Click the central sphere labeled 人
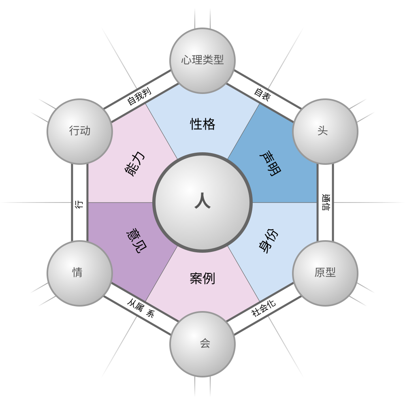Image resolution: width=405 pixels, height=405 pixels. point(202,202)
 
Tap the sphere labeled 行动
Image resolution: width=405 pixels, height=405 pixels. point(80,131)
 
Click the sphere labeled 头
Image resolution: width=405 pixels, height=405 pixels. point(325,131)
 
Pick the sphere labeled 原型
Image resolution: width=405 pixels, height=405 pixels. point(325,273)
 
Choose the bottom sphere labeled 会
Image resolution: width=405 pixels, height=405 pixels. point(202,344)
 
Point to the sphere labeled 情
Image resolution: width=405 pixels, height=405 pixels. point(80,273)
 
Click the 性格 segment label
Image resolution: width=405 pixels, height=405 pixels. point(202,124)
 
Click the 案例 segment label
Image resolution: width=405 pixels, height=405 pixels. point(202,279)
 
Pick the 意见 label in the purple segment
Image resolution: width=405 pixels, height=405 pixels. point(136,242)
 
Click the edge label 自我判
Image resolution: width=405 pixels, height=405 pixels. point(139,96)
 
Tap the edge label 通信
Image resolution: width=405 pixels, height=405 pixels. point(326,202)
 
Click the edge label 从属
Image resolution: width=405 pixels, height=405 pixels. point(136,305)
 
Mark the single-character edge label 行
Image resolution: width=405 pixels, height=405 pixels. point(79,204)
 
